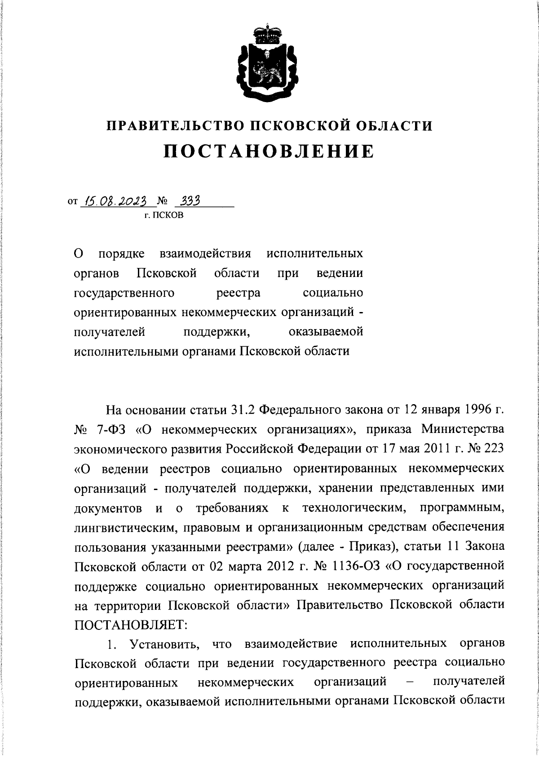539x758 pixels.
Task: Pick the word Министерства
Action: pos(463,429)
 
